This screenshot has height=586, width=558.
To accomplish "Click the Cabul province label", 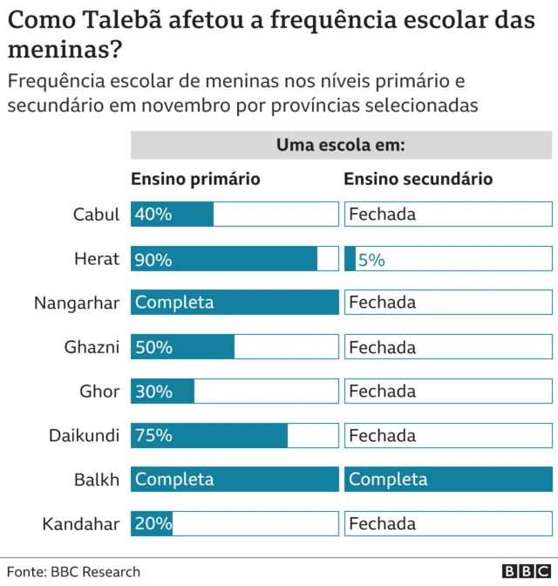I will point(96,215).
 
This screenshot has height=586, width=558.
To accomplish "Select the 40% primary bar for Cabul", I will point(172,215).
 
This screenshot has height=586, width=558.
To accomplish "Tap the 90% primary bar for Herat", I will point(224,259).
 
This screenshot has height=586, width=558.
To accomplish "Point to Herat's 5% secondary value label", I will point(371,259).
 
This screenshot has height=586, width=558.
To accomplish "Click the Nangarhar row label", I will point(77,303).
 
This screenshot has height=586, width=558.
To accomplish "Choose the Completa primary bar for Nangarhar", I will point(235,303).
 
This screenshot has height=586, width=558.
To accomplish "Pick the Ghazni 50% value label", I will point(154,347).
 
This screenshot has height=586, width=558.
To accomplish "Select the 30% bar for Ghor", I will point(162,392).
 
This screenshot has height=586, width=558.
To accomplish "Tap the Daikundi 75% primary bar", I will point(209,435).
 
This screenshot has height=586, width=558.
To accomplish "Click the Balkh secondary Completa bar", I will point(448,480).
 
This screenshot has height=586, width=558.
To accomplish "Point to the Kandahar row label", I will point(80,524).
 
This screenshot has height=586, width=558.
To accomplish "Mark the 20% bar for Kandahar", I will point(152,524).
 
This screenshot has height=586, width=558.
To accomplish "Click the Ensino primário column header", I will point(195,179).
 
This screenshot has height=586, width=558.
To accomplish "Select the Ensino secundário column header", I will point(418,179).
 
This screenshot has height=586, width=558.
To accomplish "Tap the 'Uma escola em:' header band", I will point(341,145).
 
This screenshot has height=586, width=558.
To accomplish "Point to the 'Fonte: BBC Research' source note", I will point(74,572).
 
